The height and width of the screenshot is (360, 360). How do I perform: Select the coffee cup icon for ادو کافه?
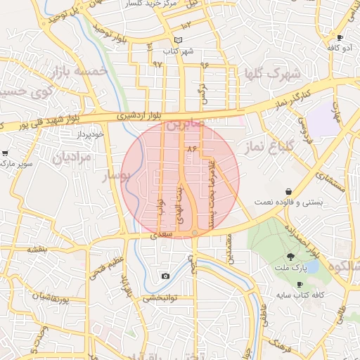[340, 38]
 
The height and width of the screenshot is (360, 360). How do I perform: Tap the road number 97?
[156, 64]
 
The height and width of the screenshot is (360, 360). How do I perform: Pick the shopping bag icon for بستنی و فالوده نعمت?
[289, 191]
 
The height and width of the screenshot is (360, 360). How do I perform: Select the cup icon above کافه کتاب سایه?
[300, 284]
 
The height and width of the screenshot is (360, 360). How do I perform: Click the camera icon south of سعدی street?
[165, 276]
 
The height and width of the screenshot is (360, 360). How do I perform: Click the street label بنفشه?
[37, 250]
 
